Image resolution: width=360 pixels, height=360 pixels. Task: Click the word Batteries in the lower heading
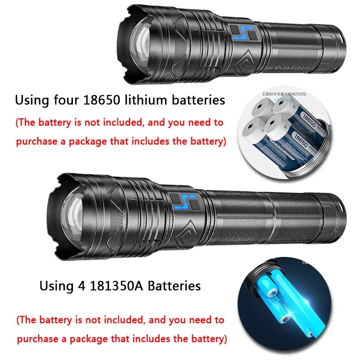(175, 286)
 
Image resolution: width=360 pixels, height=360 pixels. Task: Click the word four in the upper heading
(67, 100)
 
